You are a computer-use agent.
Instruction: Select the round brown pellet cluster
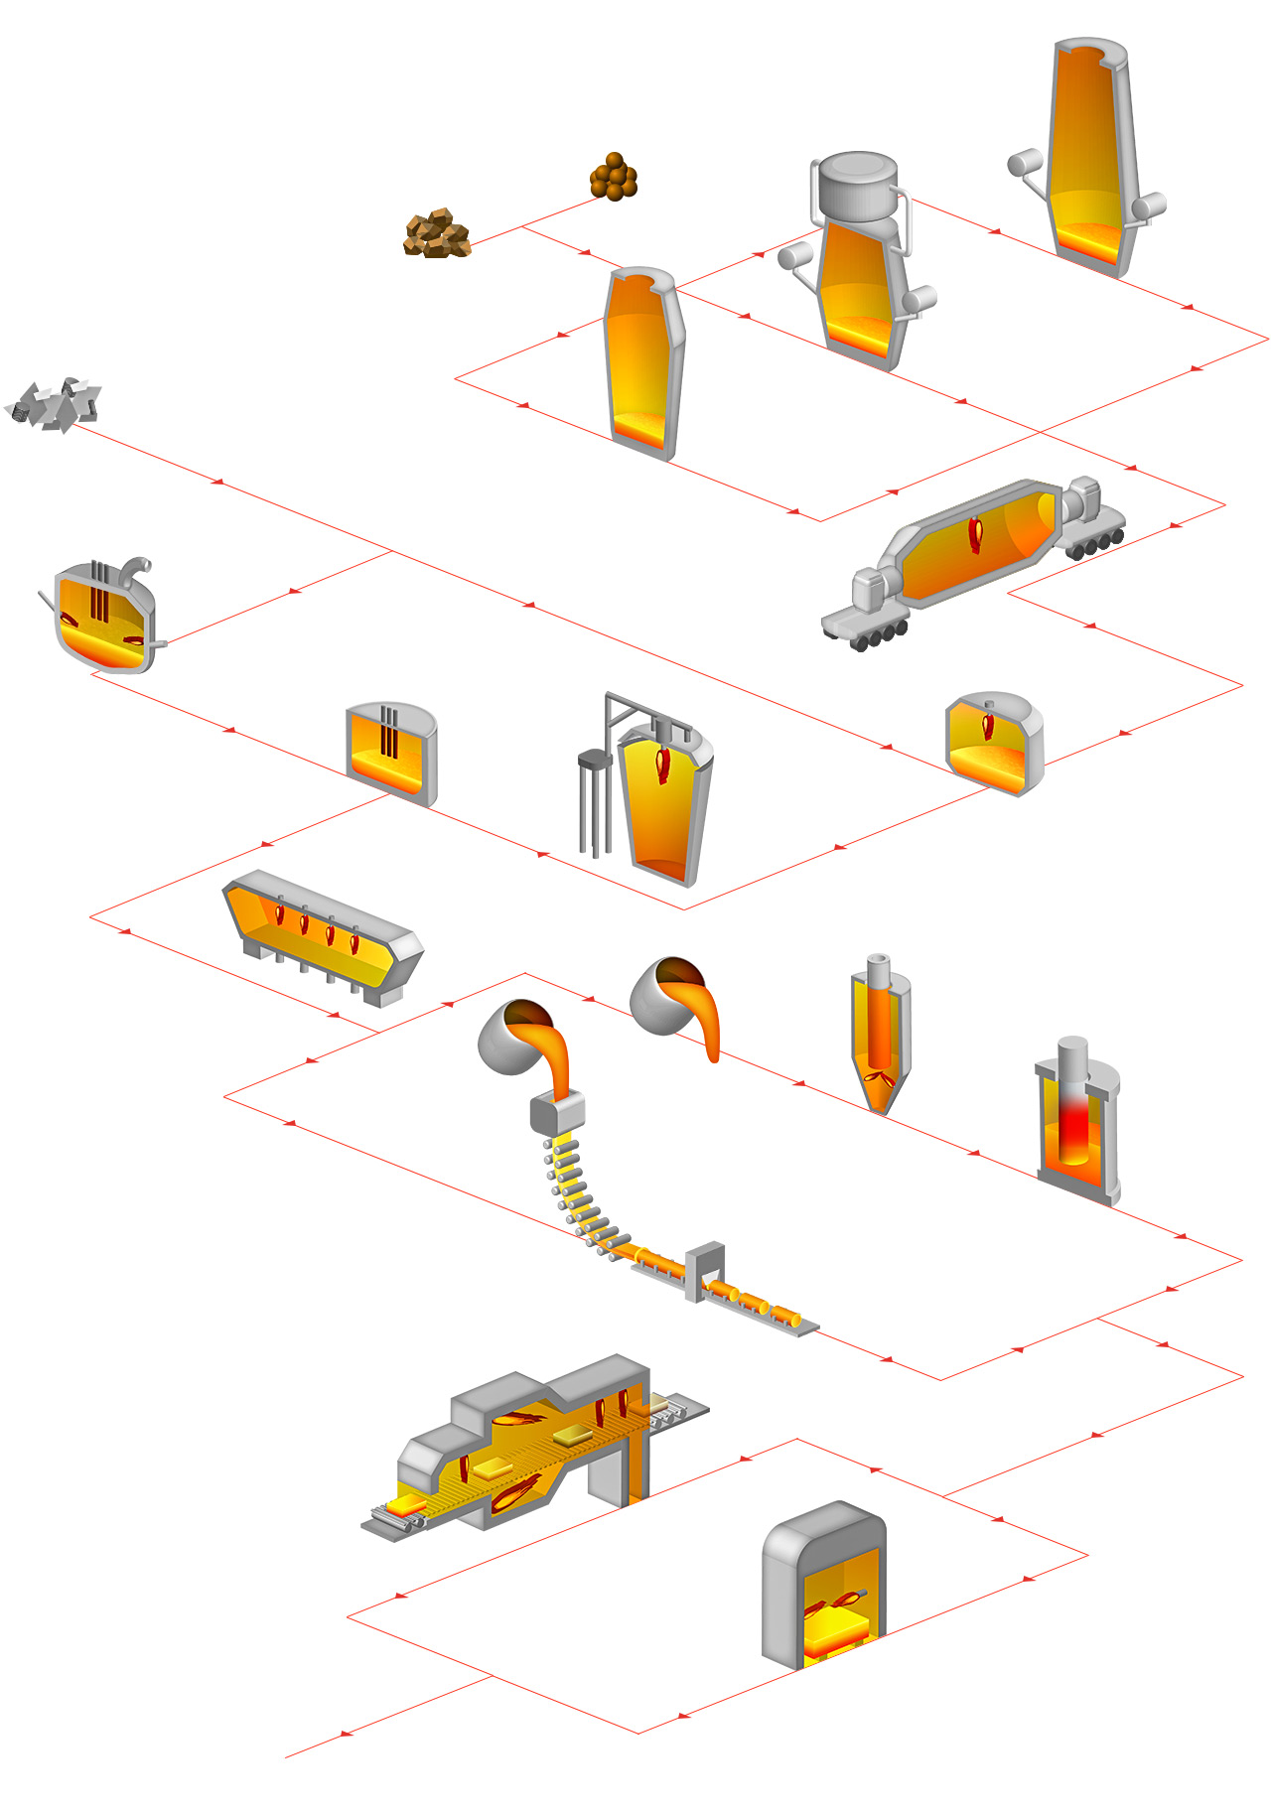pos(614,178)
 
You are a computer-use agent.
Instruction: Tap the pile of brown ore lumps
pos(437,235)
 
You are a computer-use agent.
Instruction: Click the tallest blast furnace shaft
pos(1090,159)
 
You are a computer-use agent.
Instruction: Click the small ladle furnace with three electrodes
pos(391,753)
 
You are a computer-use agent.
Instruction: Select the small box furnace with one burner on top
pos(994,745)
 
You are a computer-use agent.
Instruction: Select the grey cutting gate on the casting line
pos(705,1271)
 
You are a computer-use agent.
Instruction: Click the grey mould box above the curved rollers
pos(556,1112)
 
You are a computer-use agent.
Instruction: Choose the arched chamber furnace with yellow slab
pos(824,1589)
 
